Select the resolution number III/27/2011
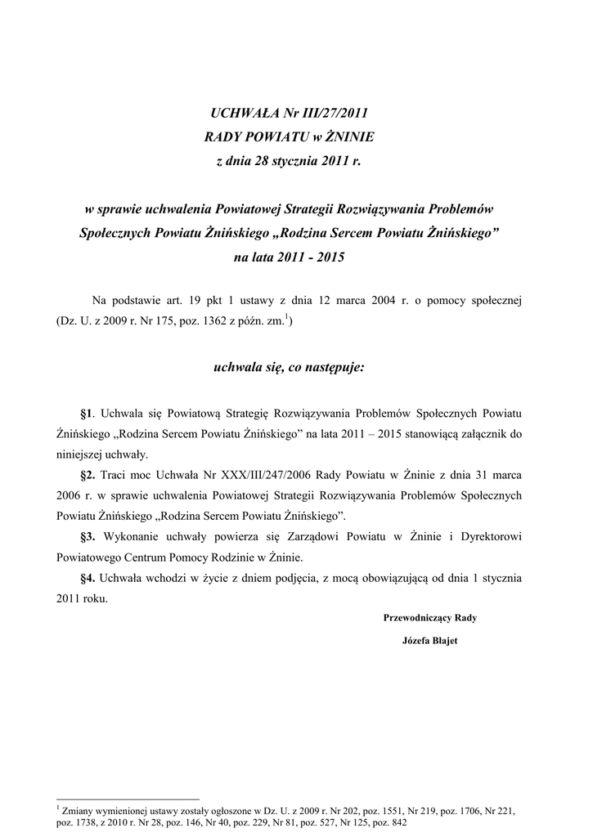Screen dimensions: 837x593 tap(332, 111)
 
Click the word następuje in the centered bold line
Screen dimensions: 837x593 tap(335, 368)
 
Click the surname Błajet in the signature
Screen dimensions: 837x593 tap(443, 641)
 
